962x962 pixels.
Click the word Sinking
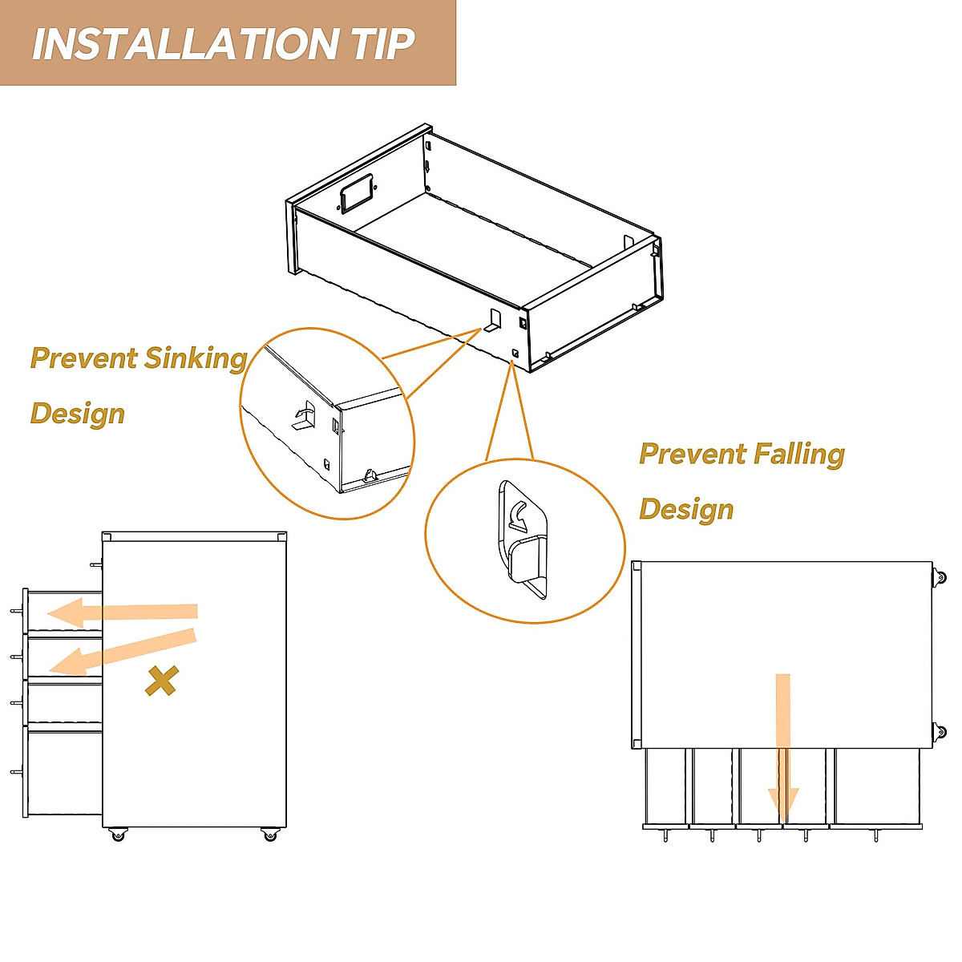point(195,358)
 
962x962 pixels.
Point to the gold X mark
point(161,681)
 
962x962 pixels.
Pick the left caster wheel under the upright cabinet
point(118,835)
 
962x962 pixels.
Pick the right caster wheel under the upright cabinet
point(269,835)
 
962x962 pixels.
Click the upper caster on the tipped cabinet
point(939,578)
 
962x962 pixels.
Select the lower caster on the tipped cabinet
point(939,732)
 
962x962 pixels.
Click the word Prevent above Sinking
point(83,358)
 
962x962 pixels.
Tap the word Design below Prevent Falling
point(686,510)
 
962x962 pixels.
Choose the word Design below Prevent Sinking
point(78,414)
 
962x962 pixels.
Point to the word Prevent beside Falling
point(691,455)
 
